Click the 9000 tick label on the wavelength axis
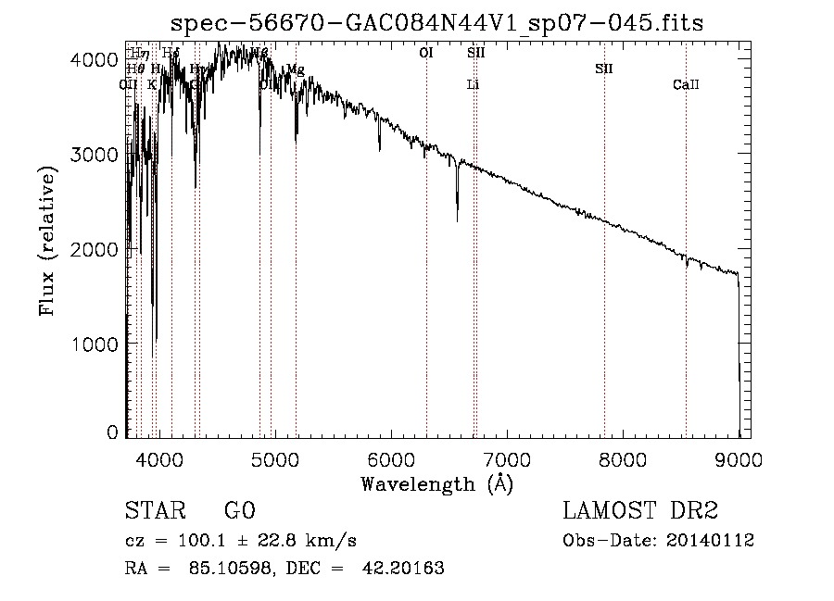[739, 457]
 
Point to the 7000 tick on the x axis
[507, 457]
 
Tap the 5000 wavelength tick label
[274, 457]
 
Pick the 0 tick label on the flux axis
[112, 432]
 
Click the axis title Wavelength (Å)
[436, 483]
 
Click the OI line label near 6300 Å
[426, 54]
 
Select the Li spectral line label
[473, 85]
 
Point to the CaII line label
[686, 85]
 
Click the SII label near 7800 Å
[604, 69]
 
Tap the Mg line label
[295, 69]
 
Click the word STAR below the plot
[150, 511]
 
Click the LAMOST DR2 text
[640, 511]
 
